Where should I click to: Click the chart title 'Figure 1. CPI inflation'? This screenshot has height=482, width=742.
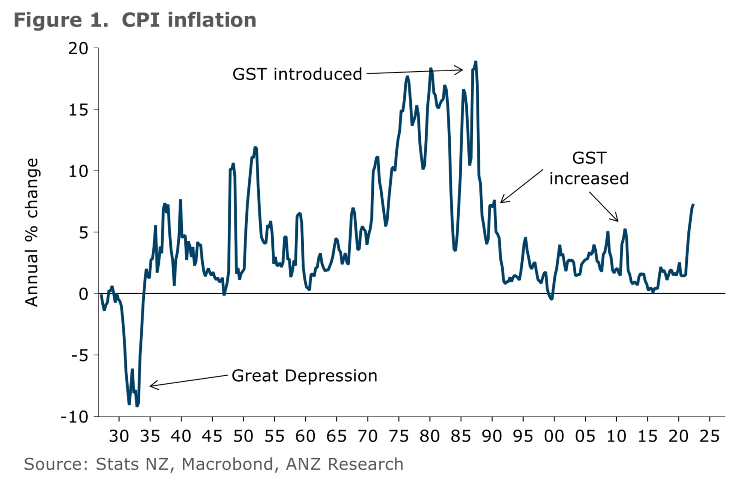(135, 20)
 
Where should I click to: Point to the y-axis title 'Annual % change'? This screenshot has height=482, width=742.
(32, 232)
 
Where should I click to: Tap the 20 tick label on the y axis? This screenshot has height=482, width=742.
(78, 49)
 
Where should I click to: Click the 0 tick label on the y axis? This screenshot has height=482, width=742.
(83, 294)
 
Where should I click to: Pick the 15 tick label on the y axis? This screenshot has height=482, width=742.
(78, 110)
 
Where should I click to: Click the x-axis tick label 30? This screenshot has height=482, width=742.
(119, 436)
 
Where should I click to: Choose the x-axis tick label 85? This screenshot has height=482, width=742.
(461, 436)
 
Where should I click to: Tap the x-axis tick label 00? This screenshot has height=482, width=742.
(554, 436)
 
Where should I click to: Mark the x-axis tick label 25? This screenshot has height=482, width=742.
(710, 436)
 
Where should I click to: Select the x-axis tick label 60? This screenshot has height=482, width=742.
(305, 436)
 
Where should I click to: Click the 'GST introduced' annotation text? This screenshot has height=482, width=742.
(297, 74)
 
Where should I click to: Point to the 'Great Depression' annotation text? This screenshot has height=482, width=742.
(305, 376)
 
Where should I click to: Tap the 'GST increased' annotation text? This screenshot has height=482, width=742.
(589, 168)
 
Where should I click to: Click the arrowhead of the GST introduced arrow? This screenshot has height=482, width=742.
(462, 70)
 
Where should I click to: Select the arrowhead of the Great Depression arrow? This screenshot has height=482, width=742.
(151, 386)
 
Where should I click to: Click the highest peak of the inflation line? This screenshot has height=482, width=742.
(475, 62)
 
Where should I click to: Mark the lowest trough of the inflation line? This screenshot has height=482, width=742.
(137, 406)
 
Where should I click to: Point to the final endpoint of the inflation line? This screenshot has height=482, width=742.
(693, 205)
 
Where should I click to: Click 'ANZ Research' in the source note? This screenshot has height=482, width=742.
(344, 464)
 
